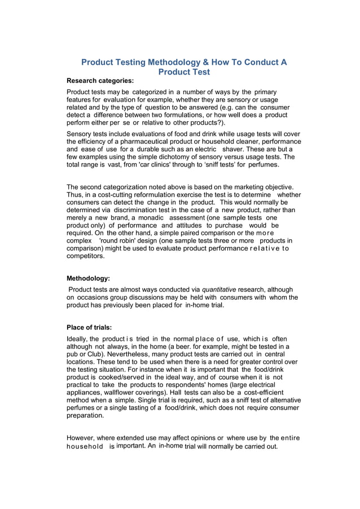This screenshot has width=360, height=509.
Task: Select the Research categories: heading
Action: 100,81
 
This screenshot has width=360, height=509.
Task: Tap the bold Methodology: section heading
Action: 89,278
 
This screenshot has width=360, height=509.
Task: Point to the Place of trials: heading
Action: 89,327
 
